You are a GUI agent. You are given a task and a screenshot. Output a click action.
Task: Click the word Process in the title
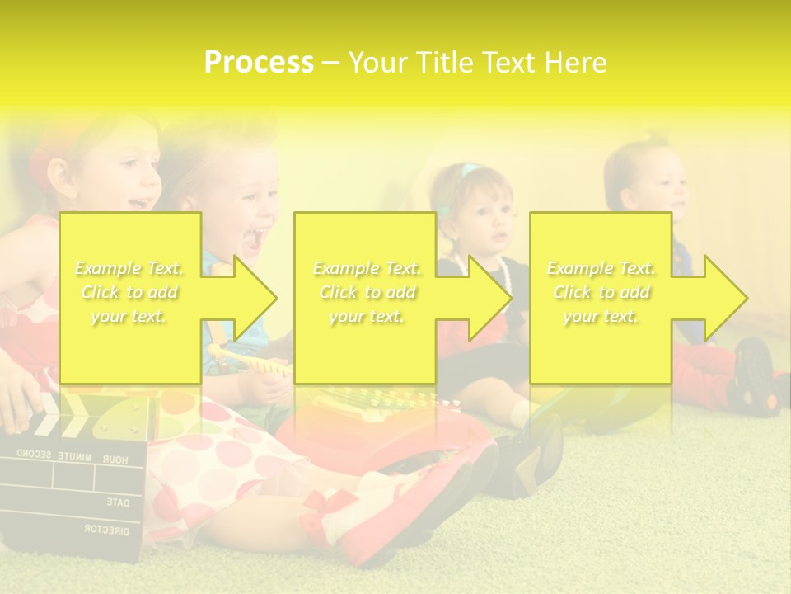click(x=259, y=63)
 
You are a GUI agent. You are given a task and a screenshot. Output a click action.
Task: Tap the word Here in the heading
click(x=574, y=63)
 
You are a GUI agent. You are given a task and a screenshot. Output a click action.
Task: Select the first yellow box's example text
click(x=129, y=292)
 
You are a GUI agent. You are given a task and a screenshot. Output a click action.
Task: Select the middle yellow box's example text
click(x=366, y=292)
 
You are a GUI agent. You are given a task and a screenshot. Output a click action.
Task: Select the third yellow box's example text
click(x=601, y=292)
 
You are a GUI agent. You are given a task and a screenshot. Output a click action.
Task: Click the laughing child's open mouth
click(x=255, y=238)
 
